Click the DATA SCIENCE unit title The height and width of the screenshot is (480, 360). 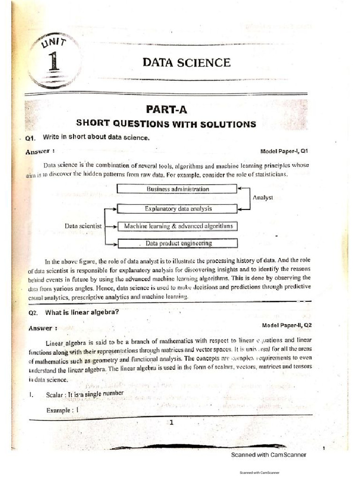pyautogui.click(x=186, y=62)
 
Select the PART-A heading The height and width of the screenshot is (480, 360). pyautogui.click(x=166, y=109)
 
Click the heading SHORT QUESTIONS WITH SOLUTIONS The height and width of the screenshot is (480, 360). pyautogui.click(x=166, y=124)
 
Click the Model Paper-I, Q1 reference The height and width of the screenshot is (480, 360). pyautogui.click(x=284, y=151)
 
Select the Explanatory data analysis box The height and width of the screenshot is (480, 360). pyautogui.click(x=178, y=209)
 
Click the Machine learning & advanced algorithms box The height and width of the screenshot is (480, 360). pyautogui.click(x=178, y=226)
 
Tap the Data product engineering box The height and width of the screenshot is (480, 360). pyautogui.click(x=178, y=243)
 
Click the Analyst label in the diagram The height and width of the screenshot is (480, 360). pyautogui.click(x=262, y=198)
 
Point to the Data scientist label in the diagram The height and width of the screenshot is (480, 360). pyautogui.click(x=83, y=226)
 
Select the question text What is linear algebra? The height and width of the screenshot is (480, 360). pyautogui.click(x=79, y=313)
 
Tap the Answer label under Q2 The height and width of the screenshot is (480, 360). pyautogui.click(x=43, y=328)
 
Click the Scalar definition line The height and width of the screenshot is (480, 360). pyautogui.click(x=85, y=393)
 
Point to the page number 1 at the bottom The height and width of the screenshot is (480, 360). pyautogui.click(x=172, y=422)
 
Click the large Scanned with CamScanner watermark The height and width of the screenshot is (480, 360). pyautogui.click(x=269, y=455)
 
